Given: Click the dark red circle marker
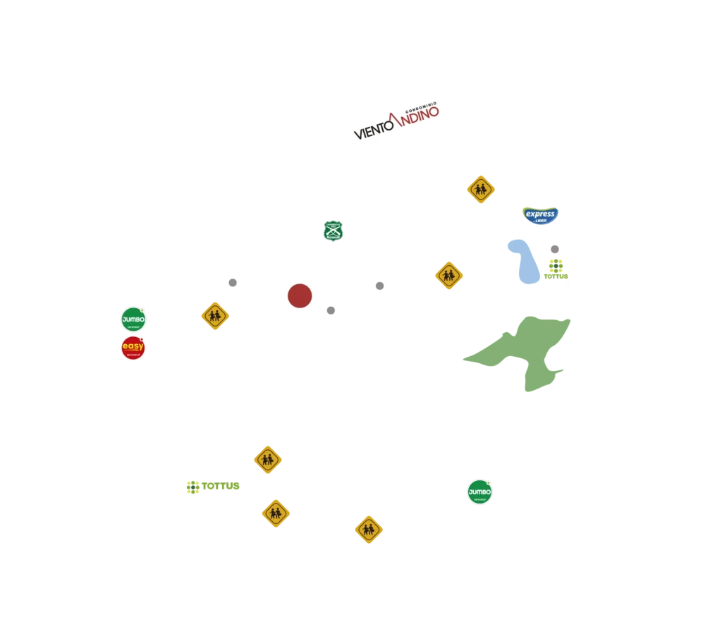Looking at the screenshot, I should (x=300, y=296).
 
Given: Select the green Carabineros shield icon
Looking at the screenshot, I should (x=333, y=231).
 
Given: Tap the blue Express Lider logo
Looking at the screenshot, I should (x=541, y=214).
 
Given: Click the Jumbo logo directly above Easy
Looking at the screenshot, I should (x=133, y=319).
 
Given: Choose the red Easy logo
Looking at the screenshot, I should (x=133, y=348).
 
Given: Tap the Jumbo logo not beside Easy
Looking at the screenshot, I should (x=479, y=492).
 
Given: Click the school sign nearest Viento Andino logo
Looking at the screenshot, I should (x=481, y=189).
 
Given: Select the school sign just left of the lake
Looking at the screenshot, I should (x=448, y=275).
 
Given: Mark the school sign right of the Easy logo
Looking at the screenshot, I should (x=214, y=316).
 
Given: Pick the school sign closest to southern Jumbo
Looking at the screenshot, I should (x=368, y=529).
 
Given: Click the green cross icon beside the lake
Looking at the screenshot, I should (x=556, y=267).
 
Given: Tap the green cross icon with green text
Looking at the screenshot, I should (x=194, y=487).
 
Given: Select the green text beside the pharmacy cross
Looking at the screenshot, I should (x=222, y=486).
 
